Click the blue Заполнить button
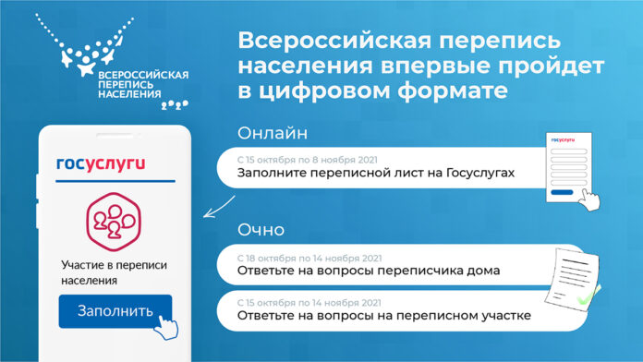point(115,310)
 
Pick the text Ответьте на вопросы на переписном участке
point(383,316)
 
